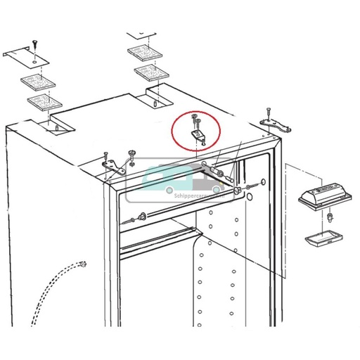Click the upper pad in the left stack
tap(37, 82)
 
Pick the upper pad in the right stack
tap(141, 53)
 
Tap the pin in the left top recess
tap(54, 128)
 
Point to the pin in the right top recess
tap(153, 104)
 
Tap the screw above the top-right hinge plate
tap(269, 110)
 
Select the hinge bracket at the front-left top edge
tap(111, 166)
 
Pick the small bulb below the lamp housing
tap(328, 219)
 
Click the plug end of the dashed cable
tap(84, 264)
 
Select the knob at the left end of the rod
tap(143, 217)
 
